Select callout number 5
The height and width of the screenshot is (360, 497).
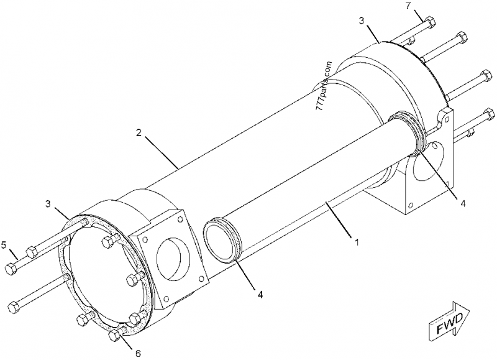4,244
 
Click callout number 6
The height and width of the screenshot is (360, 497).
137,353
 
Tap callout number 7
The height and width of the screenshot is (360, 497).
408,6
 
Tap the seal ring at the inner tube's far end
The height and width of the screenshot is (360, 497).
407,128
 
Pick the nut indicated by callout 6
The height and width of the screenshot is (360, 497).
114,336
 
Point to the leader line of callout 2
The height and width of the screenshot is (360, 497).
162,150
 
